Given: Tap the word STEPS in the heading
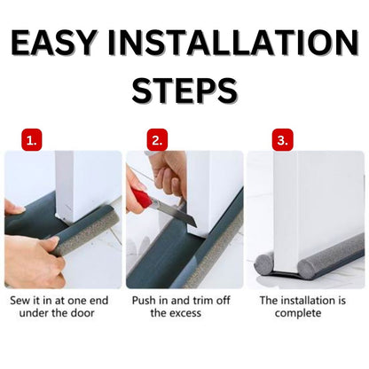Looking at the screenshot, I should pyautogui.click(x=184, y=90).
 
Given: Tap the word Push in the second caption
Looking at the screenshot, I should pyautogui.click(x=146, y=301).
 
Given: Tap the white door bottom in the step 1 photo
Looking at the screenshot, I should pyautogui.click(x=80, y=191).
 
